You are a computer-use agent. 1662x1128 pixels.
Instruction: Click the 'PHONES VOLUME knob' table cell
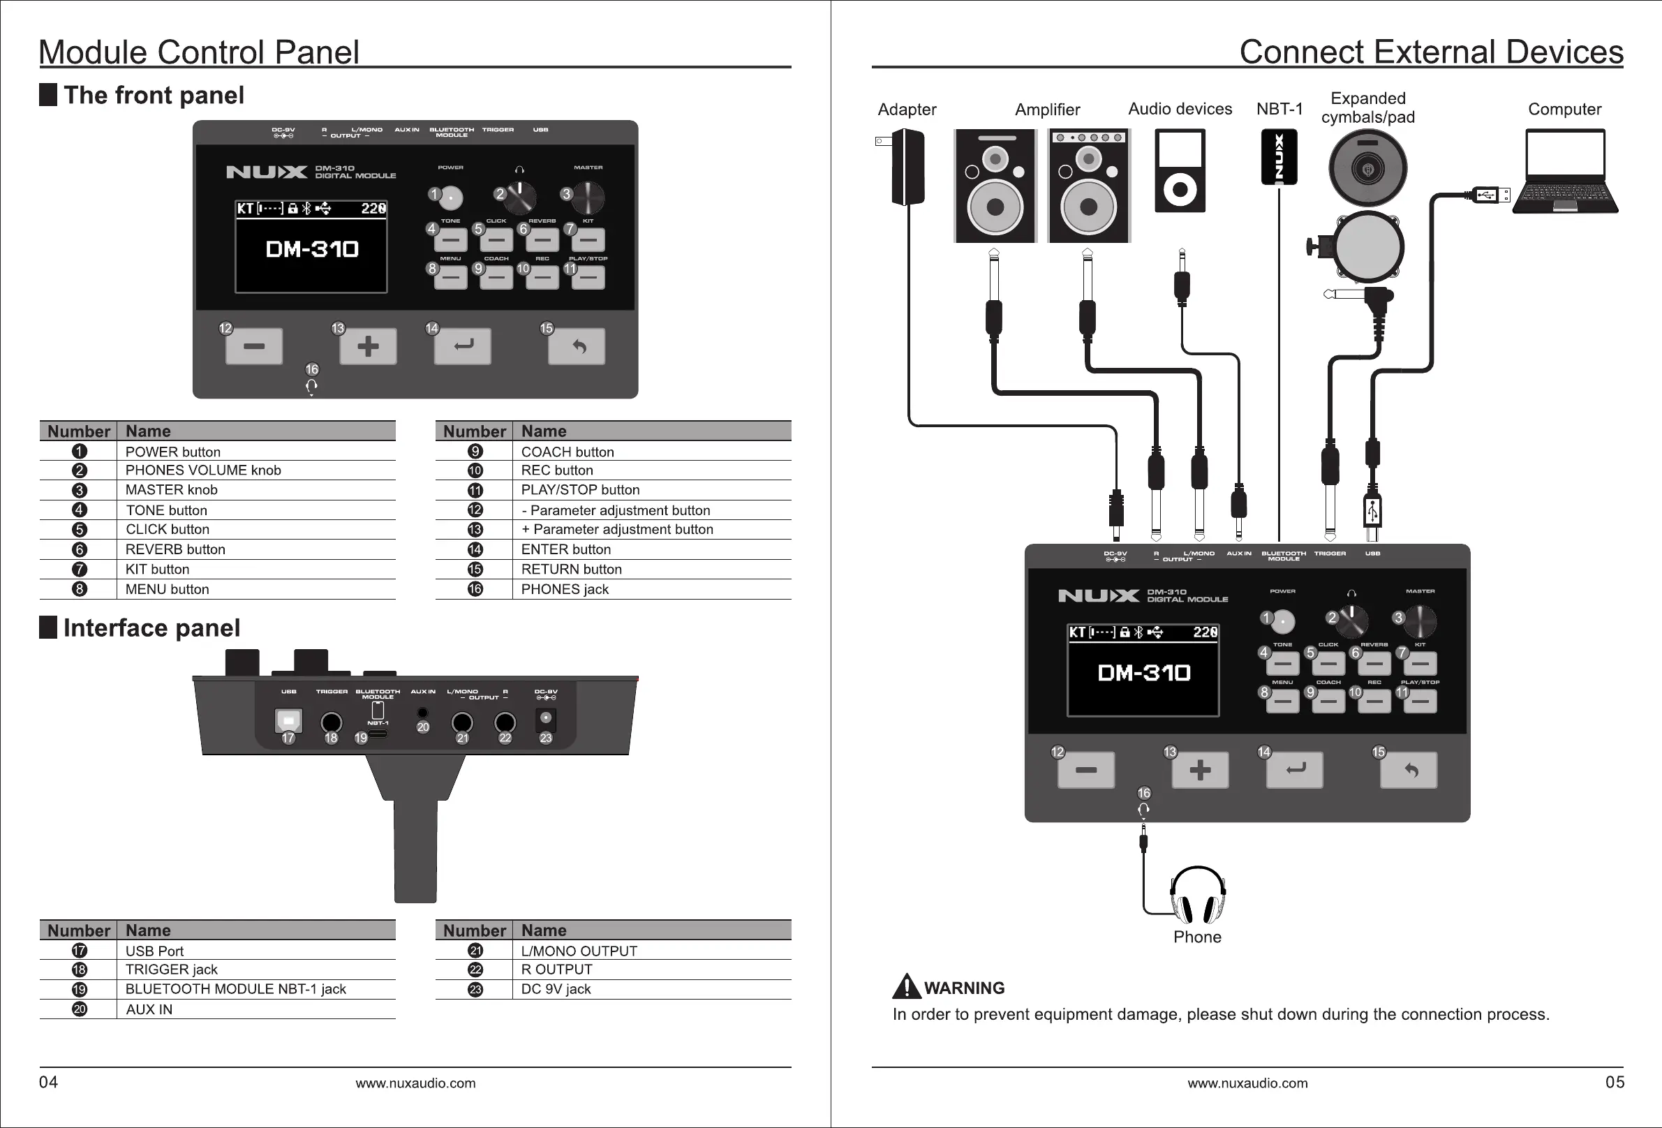click(x=203, y=470)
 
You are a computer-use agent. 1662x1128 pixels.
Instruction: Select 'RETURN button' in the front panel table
click(x=572, y=570)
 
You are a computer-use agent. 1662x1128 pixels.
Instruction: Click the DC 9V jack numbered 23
click(x=546, y=718)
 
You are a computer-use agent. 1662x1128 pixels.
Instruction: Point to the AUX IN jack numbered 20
click(x=422, y=713)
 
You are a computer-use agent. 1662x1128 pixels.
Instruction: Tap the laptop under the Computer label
click(x=1565, y=172)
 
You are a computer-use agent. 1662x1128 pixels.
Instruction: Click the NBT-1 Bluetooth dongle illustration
click(x=1279, y=156)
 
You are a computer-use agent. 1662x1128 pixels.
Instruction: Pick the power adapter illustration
click(x=907, y=167)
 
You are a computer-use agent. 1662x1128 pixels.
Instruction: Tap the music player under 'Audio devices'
click(x=1180, y=171)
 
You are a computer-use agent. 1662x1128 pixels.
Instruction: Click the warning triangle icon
click(x=907, y=986)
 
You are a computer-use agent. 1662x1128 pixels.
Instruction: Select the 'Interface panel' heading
click(x=151, y=628)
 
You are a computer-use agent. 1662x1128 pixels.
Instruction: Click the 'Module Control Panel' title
click(x=199, y=52)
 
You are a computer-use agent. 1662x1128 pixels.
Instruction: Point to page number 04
click(x=49, y=1082)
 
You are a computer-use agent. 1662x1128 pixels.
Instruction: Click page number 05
click(x=1615, y=1082)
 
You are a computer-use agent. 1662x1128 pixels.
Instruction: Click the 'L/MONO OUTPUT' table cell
click(x=579, y=951)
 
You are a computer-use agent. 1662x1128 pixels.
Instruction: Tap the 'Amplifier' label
click(x=1047, y=110)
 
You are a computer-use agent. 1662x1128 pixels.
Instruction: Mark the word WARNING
click(x=964, y=988)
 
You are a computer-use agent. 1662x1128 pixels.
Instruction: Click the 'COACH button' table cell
click(x=567, y=452)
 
